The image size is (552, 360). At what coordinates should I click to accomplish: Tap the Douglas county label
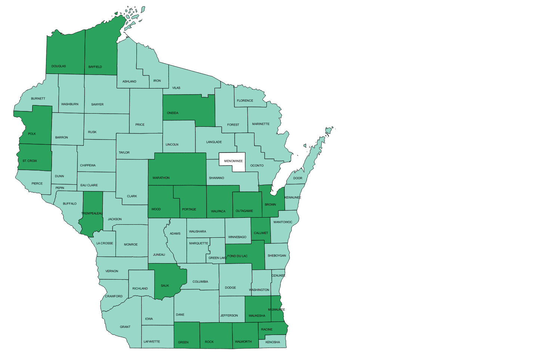point(59,66)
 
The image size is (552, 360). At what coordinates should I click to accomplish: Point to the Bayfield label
point(95,67)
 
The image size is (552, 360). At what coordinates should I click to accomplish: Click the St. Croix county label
point(30,161)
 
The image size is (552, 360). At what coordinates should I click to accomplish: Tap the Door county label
point(298,178)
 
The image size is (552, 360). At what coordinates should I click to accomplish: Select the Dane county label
point(180,315)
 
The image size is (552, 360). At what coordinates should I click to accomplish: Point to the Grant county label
point(125,327)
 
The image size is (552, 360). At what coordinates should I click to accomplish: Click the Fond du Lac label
point(238,256)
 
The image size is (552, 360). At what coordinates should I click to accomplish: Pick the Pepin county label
point(60,188)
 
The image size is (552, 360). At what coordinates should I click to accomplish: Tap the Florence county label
point(245,101)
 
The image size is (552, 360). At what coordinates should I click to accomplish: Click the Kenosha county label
point(273,342)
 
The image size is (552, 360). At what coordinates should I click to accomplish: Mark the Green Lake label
point(218,258)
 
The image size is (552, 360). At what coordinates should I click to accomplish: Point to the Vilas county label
point(176,88)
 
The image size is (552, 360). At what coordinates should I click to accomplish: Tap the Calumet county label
point(261,233)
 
